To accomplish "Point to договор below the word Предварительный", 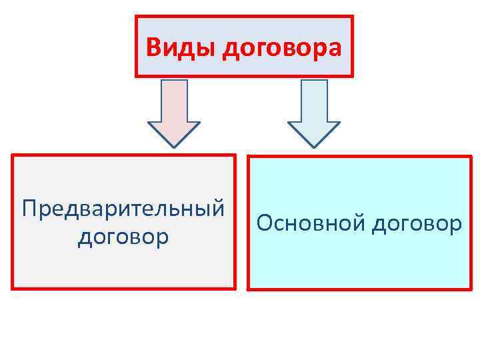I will click(x=123, y=236).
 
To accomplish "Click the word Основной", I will click(x=310, y=223).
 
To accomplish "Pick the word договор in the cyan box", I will click(x=416, y=223).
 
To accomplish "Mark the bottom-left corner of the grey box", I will click(x=13, y=288).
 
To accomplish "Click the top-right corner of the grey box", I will click(x=235, y=156).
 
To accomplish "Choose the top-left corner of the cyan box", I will click(x=249, y=157).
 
